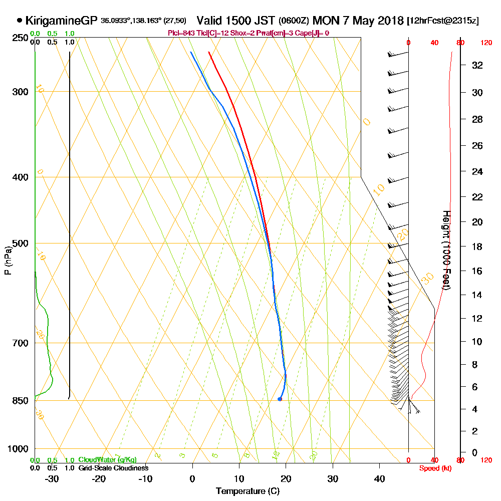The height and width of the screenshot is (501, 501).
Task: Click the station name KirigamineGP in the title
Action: pos(62,21)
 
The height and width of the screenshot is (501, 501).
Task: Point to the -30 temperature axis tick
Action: pos(52,479)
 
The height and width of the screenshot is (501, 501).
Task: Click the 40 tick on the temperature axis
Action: pos(379,479)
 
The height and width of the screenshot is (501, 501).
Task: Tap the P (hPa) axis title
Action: pos(8,260)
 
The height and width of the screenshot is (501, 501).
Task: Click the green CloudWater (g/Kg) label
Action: pos(107,460)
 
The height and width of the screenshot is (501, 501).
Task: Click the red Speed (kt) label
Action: pos(433,468)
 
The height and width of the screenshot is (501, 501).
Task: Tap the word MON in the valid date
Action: pos(325,21)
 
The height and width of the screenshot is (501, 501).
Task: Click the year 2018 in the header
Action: pos(388,21)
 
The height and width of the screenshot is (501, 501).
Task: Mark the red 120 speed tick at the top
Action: pos(485,43)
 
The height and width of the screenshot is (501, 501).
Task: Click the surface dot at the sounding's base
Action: pos(280,399)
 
